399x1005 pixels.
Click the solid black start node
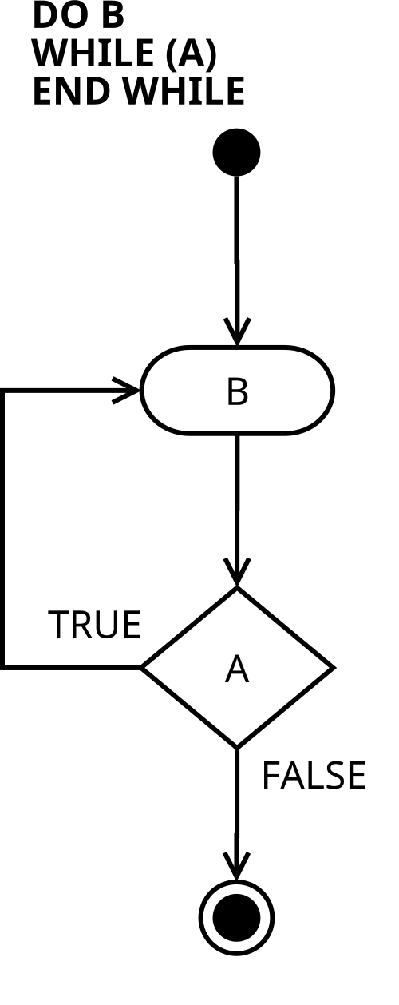click(236, 152)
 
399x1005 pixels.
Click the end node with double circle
click(236, 917)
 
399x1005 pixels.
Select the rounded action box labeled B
click(238, 391)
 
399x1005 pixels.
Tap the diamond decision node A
click(238, 668)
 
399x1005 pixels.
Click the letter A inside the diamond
click(237, 669)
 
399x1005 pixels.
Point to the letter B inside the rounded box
click(237, 391)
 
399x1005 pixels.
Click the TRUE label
click(94, 624)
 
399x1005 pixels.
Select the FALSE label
click(314, 775)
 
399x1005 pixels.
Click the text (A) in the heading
click(192, 54)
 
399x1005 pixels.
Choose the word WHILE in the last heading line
click(184, 91)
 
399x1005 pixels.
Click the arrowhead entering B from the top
click(237, 332)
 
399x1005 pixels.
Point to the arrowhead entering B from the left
click(126, 391)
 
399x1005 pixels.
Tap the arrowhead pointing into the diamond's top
click(237, 573)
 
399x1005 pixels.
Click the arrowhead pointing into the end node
click(236, 866)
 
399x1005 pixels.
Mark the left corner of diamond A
click(140, 668)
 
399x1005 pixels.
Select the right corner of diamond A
click(334, 668)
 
